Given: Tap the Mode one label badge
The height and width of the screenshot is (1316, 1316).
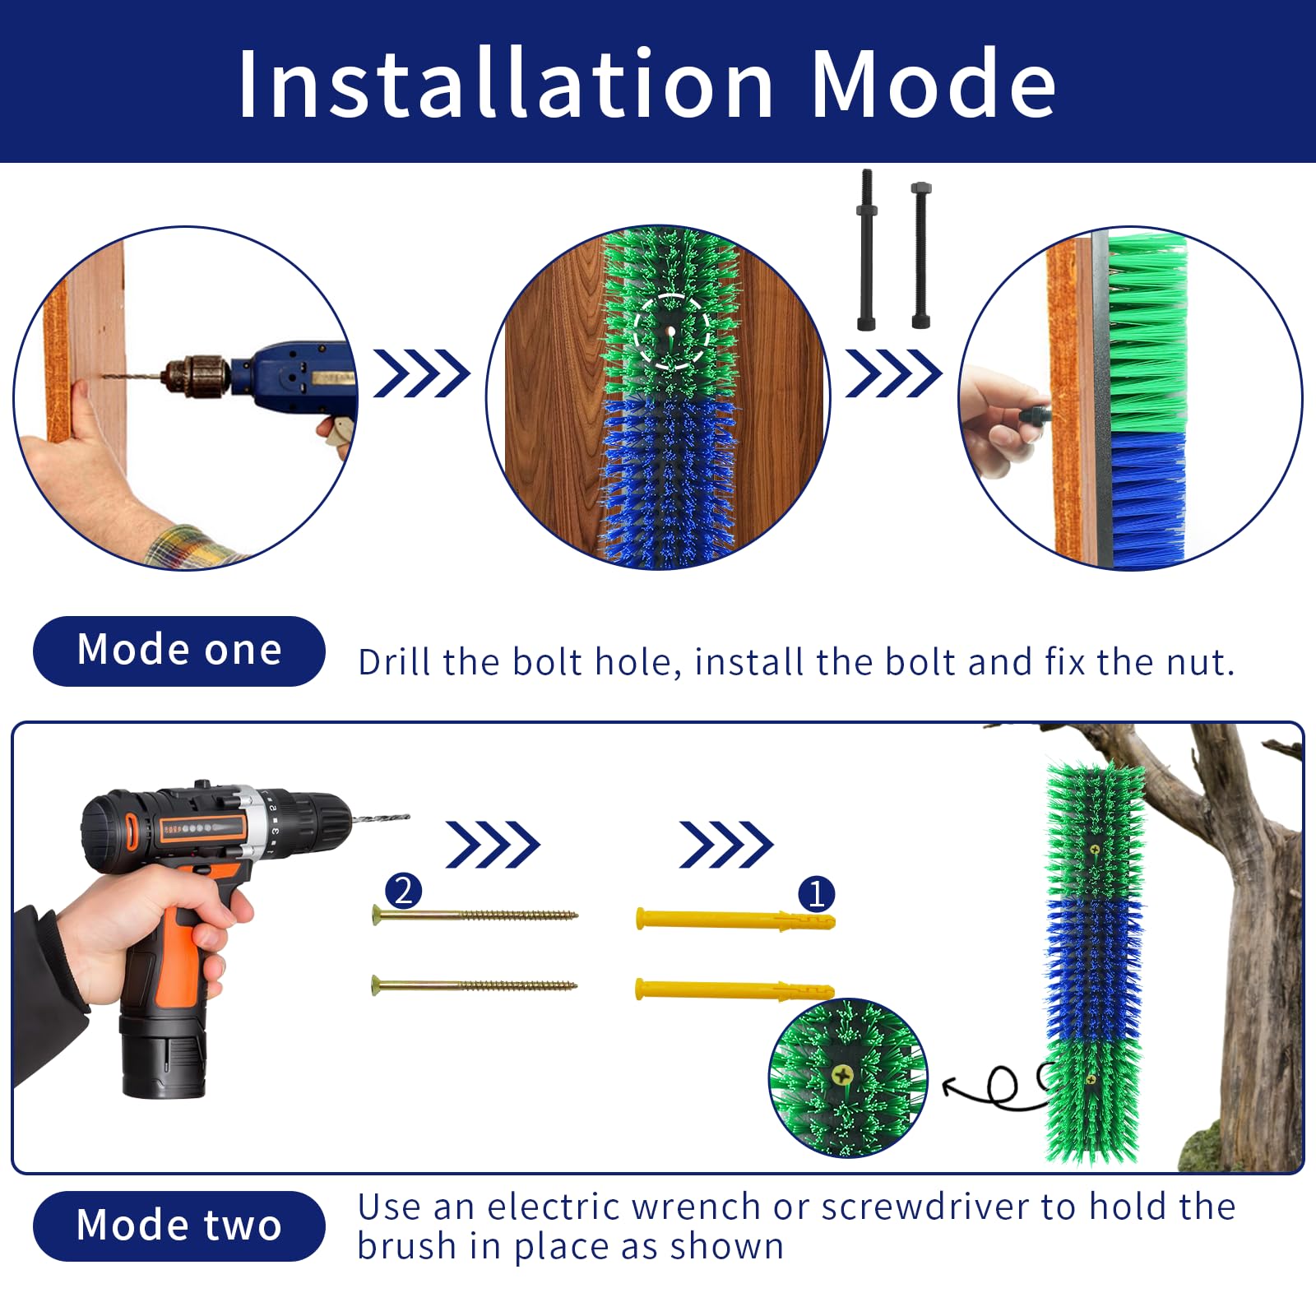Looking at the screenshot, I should (x=178, y=651).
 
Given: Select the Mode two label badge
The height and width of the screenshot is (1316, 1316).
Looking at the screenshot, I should (x=178, y=1226).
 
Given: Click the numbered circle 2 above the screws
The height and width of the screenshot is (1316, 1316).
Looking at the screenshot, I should (x=403, y=892).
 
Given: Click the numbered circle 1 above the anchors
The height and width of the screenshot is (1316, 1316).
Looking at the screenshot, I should (x=817, y=894).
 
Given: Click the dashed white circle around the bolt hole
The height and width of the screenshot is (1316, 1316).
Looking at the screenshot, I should (x=673, y=331).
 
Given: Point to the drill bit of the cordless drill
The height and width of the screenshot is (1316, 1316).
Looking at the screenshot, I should (x=380, y=818).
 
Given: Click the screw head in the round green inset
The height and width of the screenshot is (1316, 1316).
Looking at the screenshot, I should (x=841, y=1074).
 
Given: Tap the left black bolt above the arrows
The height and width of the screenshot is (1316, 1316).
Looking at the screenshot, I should (x=866, y=250).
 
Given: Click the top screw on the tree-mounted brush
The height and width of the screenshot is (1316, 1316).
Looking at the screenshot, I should (x=1095, y=849).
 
